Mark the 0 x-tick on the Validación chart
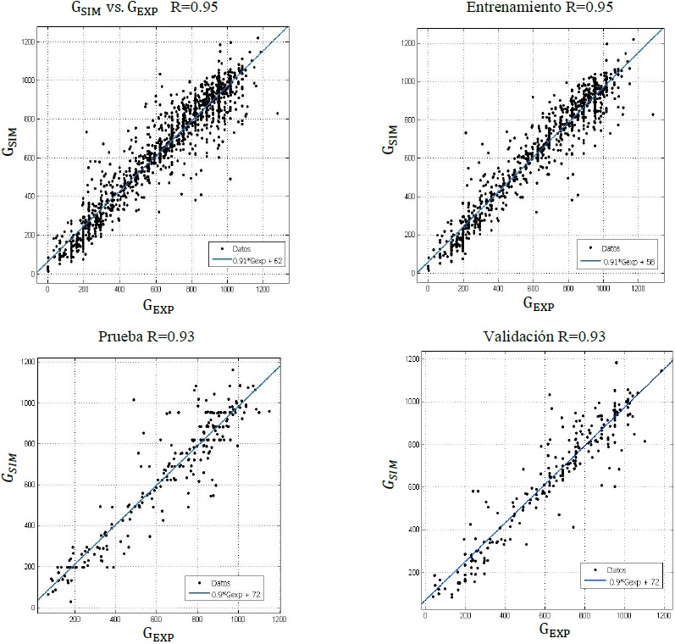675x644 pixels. [x=424, y=615]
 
